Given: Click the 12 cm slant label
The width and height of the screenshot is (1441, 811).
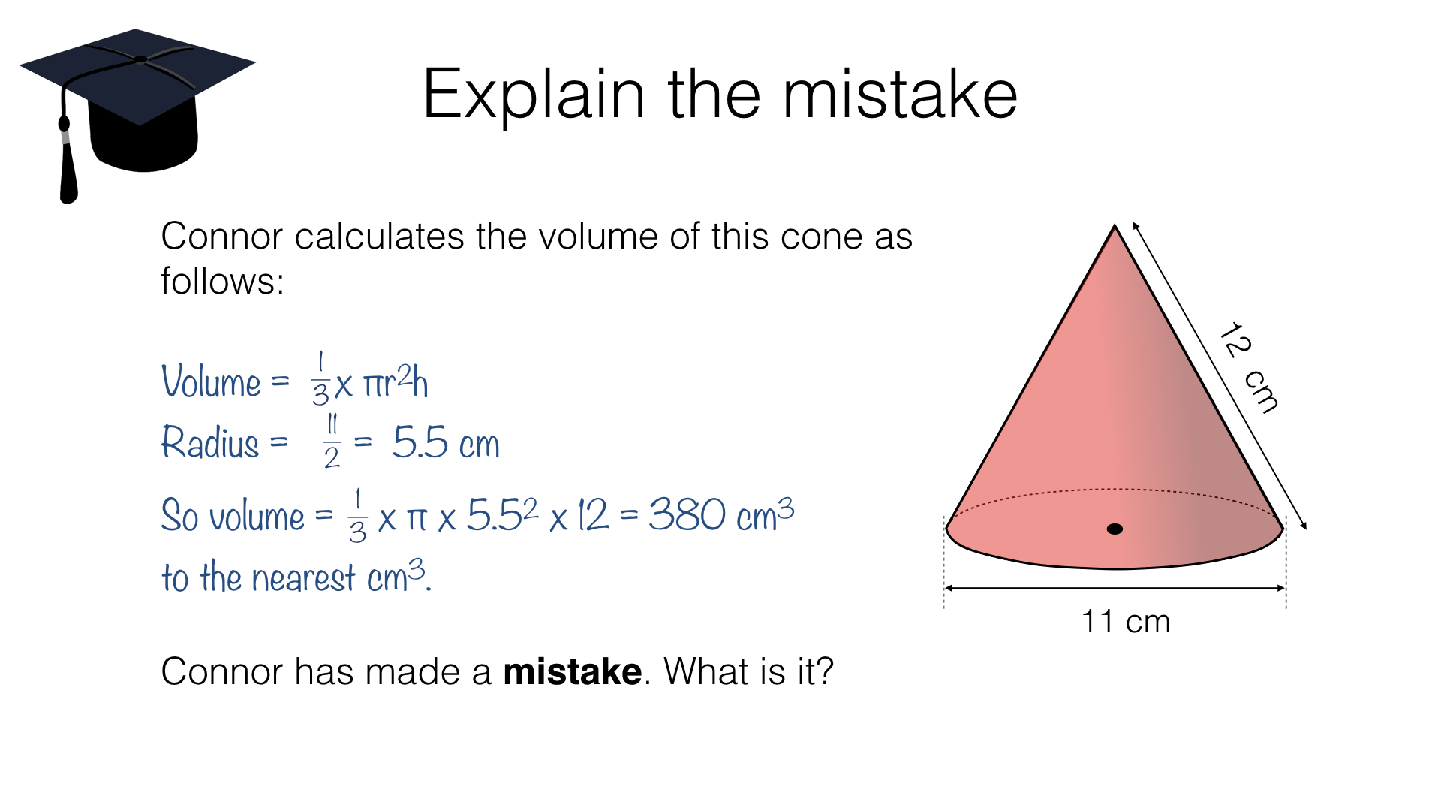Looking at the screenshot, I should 1247,367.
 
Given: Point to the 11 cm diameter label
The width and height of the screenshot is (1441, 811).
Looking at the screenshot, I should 1125,622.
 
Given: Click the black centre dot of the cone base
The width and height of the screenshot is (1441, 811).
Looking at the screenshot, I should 1115,529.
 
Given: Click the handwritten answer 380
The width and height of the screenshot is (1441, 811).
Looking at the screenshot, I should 687,514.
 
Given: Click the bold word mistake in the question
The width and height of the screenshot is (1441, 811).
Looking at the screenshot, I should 572,671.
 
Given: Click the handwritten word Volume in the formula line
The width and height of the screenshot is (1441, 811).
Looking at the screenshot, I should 211,381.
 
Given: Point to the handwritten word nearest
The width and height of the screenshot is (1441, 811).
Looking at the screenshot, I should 303,578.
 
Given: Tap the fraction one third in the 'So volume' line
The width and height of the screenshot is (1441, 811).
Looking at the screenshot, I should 357,516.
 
